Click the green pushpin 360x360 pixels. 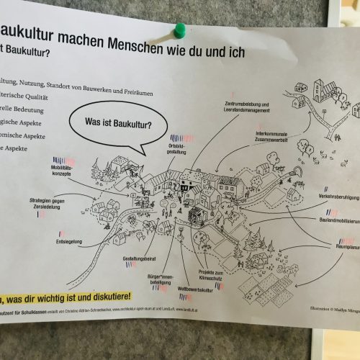click(180, 31)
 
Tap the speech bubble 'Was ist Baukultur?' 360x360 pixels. click(118, 124)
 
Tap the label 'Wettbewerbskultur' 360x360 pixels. click(194, 289)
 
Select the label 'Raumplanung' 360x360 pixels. click(343, 245)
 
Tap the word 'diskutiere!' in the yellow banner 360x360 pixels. click(107, 295)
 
